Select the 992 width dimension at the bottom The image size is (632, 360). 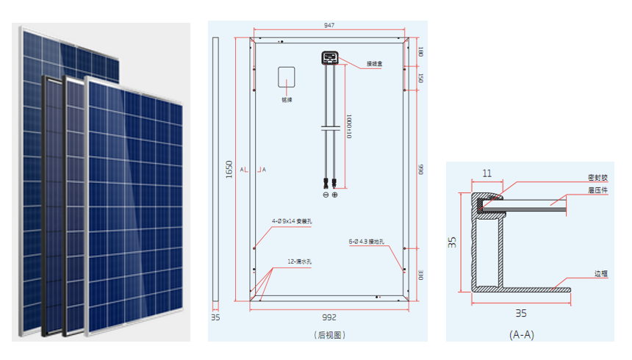[328, 317]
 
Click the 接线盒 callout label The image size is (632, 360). [376, 64]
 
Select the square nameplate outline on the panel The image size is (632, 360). [286, 78]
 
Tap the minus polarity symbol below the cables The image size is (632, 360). [326, 195]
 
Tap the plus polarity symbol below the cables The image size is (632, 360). [335, 195]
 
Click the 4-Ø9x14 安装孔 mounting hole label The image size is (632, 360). [292, 220]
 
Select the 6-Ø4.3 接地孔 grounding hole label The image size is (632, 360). [372, 240]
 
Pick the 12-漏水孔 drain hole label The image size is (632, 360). [301, 261]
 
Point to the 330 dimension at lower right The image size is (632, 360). [421, 273]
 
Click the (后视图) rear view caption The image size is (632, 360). [328, 335]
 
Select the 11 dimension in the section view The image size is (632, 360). [486, 174]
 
